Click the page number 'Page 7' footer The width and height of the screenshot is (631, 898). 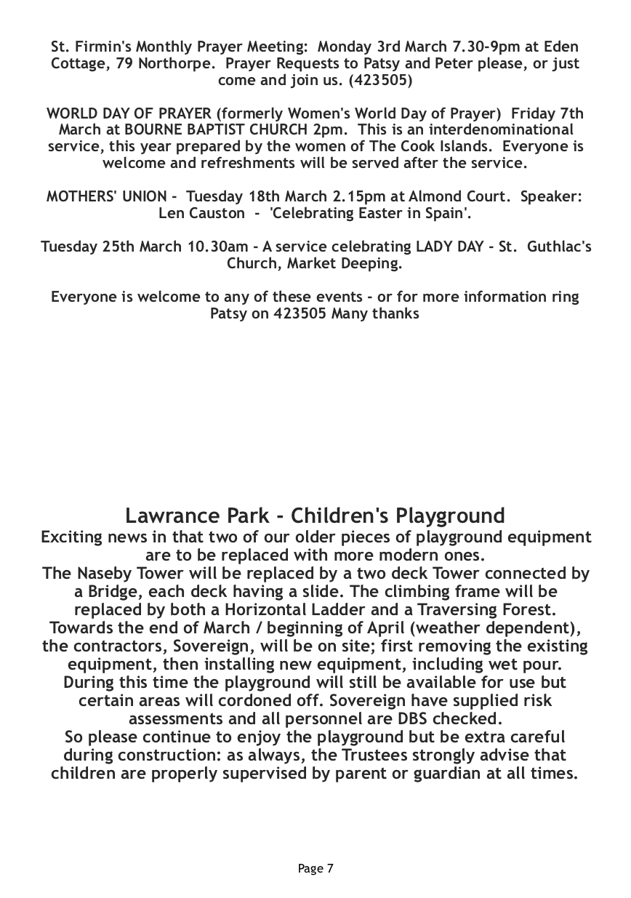click(315, 868)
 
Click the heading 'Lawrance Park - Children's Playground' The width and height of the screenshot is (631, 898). click(315, 516)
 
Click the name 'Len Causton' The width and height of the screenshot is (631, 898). click(201, 213)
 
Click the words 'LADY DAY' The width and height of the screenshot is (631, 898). click(451, 246)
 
